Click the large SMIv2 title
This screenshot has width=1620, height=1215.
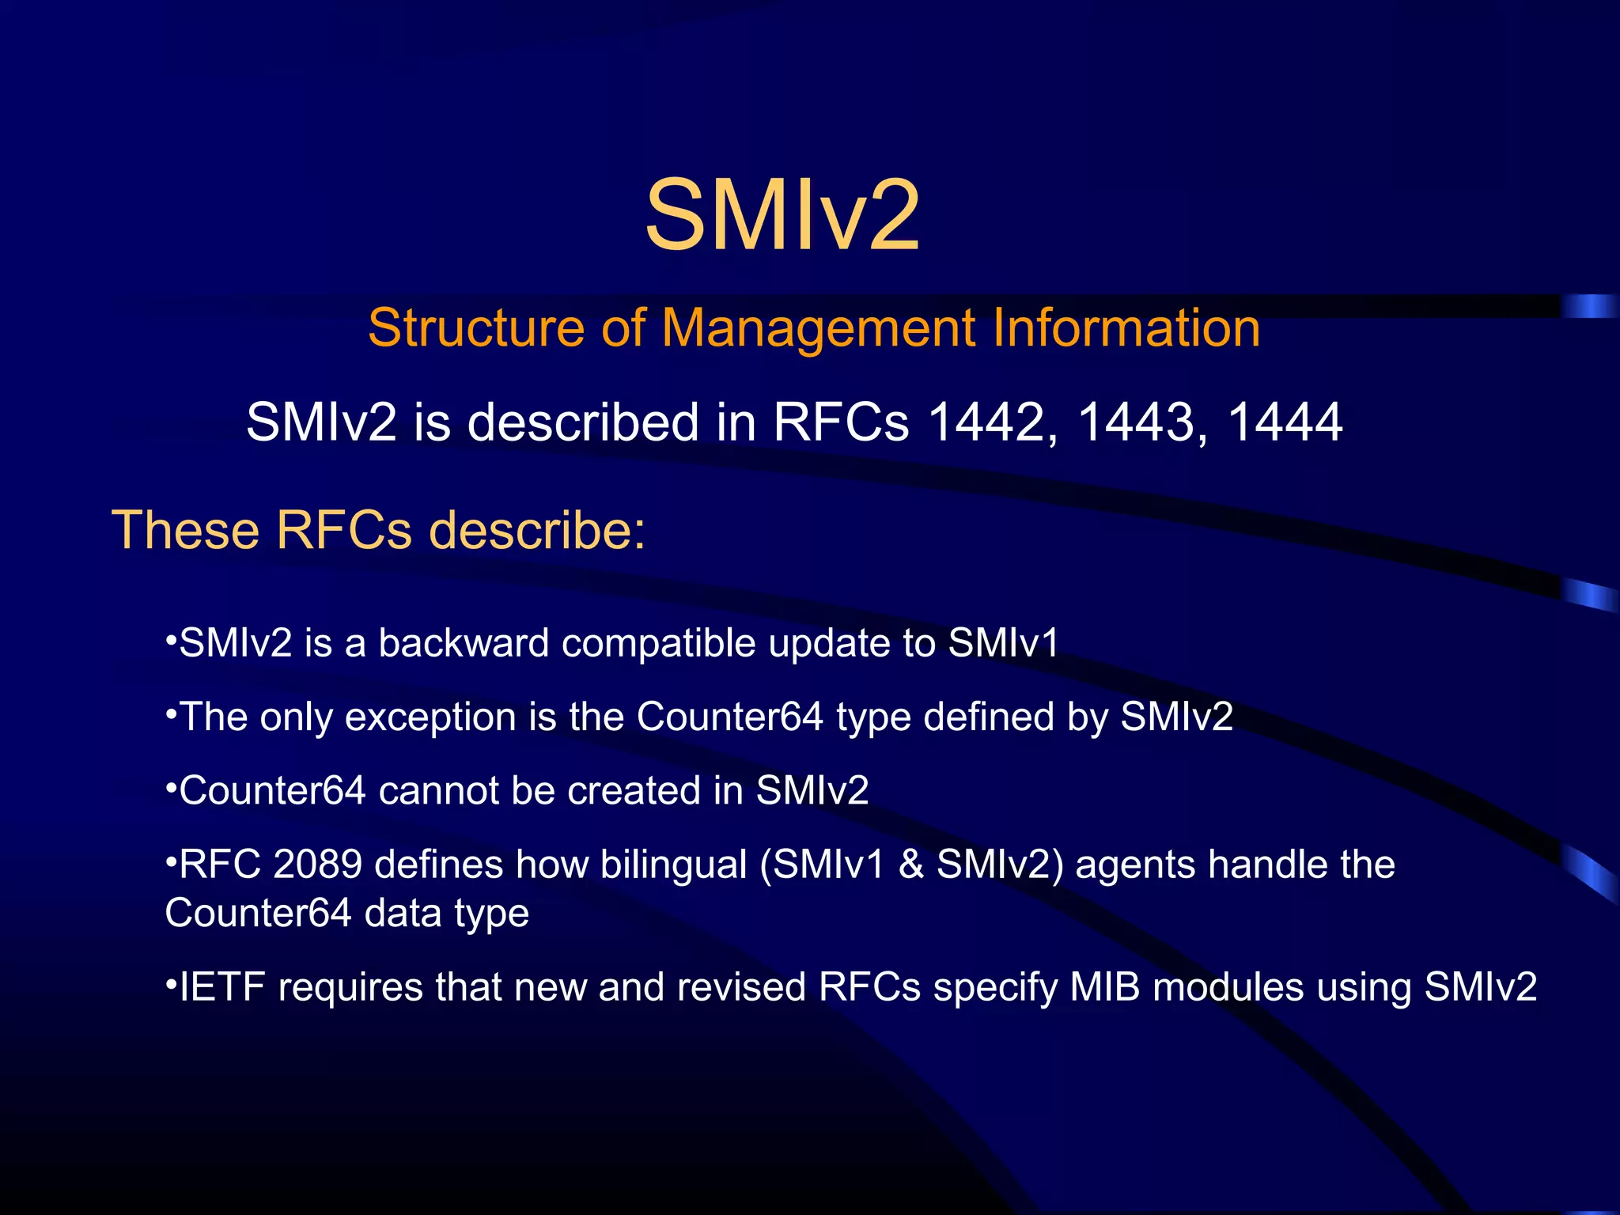782,216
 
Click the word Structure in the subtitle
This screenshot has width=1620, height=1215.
477,327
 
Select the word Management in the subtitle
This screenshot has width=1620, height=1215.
819,329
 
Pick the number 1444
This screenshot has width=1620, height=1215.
1285,422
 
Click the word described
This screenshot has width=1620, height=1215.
583,422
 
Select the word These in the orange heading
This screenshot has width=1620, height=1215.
186,529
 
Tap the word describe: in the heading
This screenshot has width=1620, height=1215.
538,529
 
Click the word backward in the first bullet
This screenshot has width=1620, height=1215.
464,642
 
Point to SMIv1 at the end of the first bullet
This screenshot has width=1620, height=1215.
1003,642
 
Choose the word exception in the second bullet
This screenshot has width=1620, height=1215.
430,717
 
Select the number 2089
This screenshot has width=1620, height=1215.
317,864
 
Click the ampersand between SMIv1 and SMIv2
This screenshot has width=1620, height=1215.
911,864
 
